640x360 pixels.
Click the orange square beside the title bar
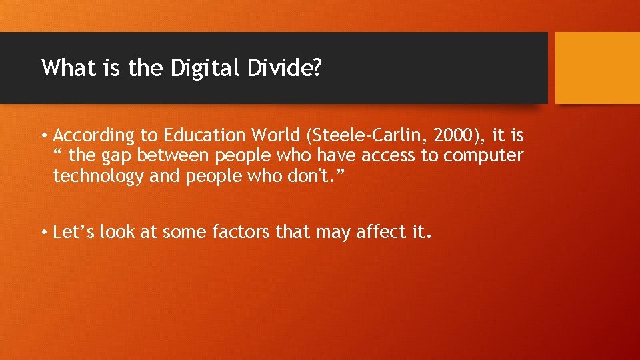[x=597, y=67]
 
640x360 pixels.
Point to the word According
[x=94, y=137]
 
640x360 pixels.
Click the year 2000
[x=455, y=136]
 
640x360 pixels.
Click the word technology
[x=98, y=177]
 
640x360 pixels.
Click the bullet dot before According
[x=43, y=137]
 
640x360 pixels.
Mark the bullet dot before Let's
[x=43, y=233]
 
